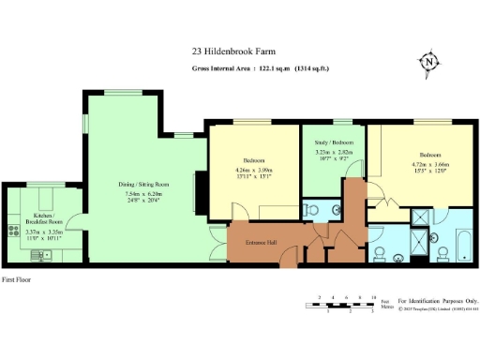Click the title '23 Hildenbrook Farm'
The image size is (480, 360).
click(239, 52)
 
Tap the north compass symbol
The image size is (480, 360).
click(428, 63)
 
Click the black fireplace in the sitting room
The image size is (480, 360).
click(197, 191)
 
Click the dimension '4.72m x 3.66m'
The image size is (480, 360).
click(430, 163)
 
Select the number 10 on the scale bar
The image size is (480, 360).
click(373, 296)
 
